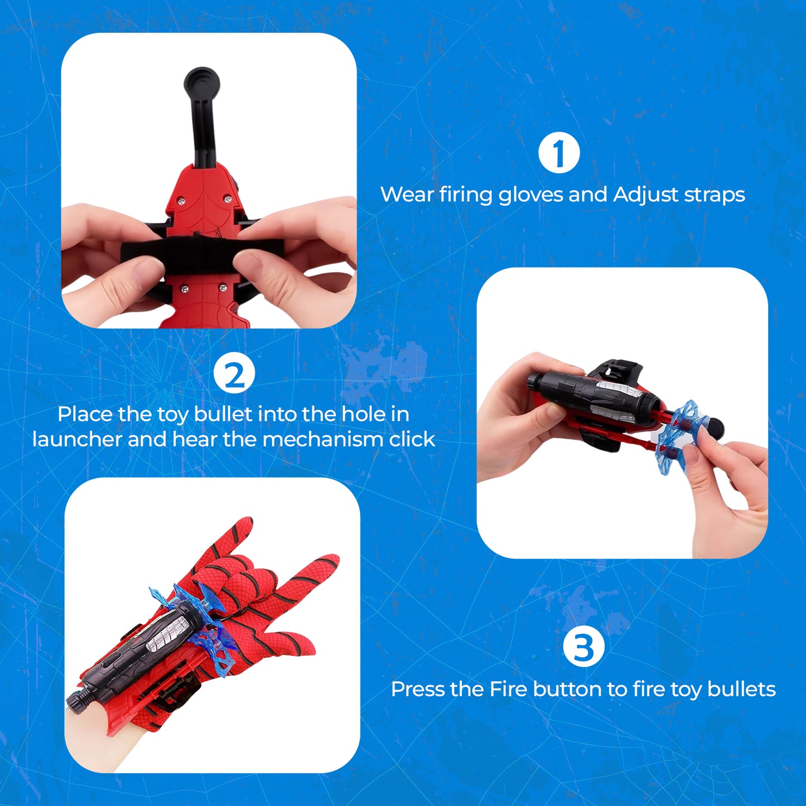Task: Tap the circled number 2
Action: [234, 375]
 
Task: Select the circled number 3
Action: [583, 648]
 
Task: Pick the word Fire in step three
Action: [508, 689]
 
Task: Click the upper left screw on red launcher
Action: [180, 199]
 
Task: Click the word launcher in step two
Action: [76, 440]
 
